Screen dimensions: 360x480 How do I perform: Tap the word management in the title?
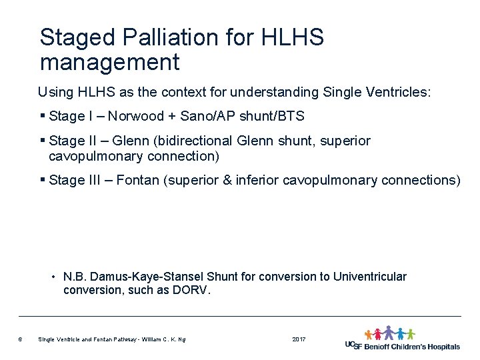(x=110, y=62)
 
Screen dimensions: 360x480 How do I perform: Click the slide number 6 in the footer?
(x=21, y=340)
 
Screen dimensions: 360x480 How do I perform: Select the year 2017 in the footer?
(x=299, y=340)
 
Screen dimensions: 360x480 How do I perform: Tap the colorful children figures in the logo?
(x=389, y=333)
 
